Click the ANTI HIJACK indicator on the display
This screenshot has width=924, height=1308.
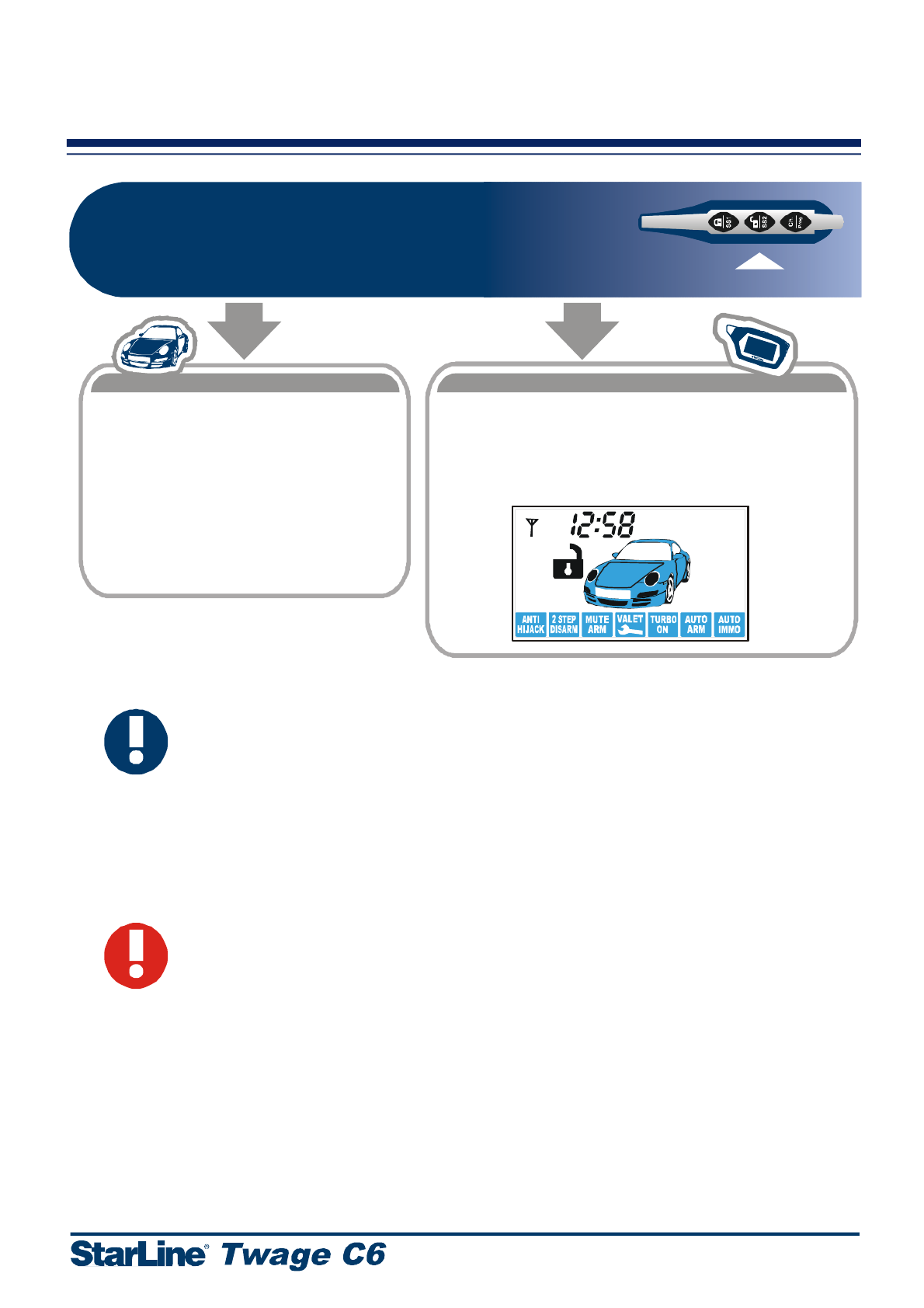pyautogui.click(x=531, y=624)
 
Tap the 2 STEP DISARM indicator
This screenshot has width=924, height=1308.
pyautogui.click(x=564, y=624)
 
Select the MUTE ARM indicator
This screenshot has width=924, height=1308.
pyautogui.click(x=597, y=624)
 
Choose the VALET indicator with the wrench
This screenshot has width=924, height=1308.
pyautogui.click(x=630, y=624)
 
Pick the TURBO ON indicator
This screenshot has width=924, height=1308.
pyautogui.click(x=663, y=624)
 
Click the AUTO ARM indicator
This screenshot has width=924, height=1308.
pyautogui.click(x=696, y=624)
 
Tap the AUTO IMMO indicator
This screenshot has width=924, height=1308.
pyautogui.click(x=729, y=624)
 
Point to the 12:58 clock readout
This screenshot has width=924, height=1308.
pyautogui.click(x=603, y=525)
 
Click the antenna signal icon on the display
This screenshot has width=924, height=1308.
pyautogui.click(x=532, y=527)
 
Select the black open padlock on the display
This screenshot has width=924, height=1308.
pyautogui.click(x=568, y=562)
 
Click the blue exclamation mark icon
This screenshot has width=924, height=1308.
pyautogui.click(x=137, y=741)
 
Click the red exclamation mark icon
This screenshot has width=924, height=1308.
pyautogui.click(x=137, y=955)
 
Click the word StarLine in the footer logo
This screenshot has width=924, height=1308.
pyautogui.click(x=139, y=1254)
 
